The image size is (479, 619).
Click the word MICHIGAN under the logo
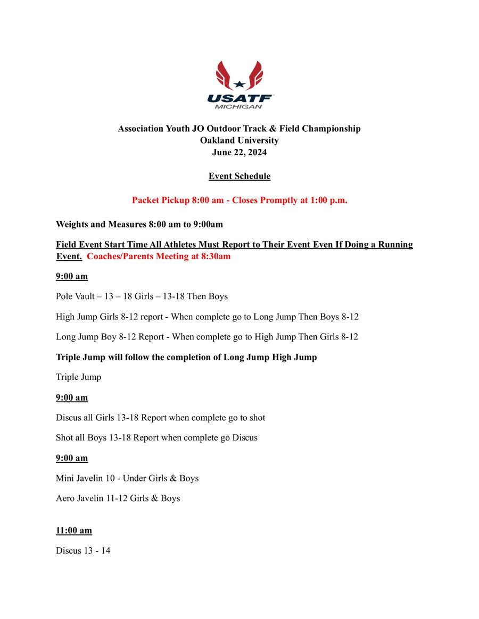click(238, 106)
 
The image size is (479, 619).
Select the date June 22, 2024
click(240, 152)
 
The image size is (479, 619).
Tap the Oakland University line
click(240, 140)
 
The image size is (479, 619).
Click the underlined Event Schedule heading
click(240, 176)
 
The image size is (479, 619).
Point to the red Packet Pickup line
click(240, 200)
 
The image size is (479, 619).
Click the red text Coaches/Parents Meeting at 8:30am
click(159, 256)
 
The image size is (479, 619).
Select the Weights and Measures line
click(139, 224)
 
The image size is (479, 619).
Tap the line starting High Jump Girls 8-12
click(207, 317)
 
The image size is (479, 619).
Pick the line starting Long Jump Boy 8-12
click(207, 337)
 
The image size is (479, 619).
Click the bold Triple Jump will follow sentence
click(186, 357)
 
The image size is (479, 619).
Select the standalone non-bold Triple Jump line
click(78, 377)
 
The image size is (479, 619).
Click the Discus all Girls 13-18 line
click(160, 418)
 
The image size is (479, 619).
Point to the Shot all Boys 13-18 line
click(156, 438)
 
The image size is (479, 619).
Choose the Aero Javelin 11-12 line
click(118, 498)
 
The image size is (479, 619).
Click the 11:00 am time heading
click(74, 530)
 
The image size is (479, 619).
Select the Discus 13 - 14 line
click(83, 550)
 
